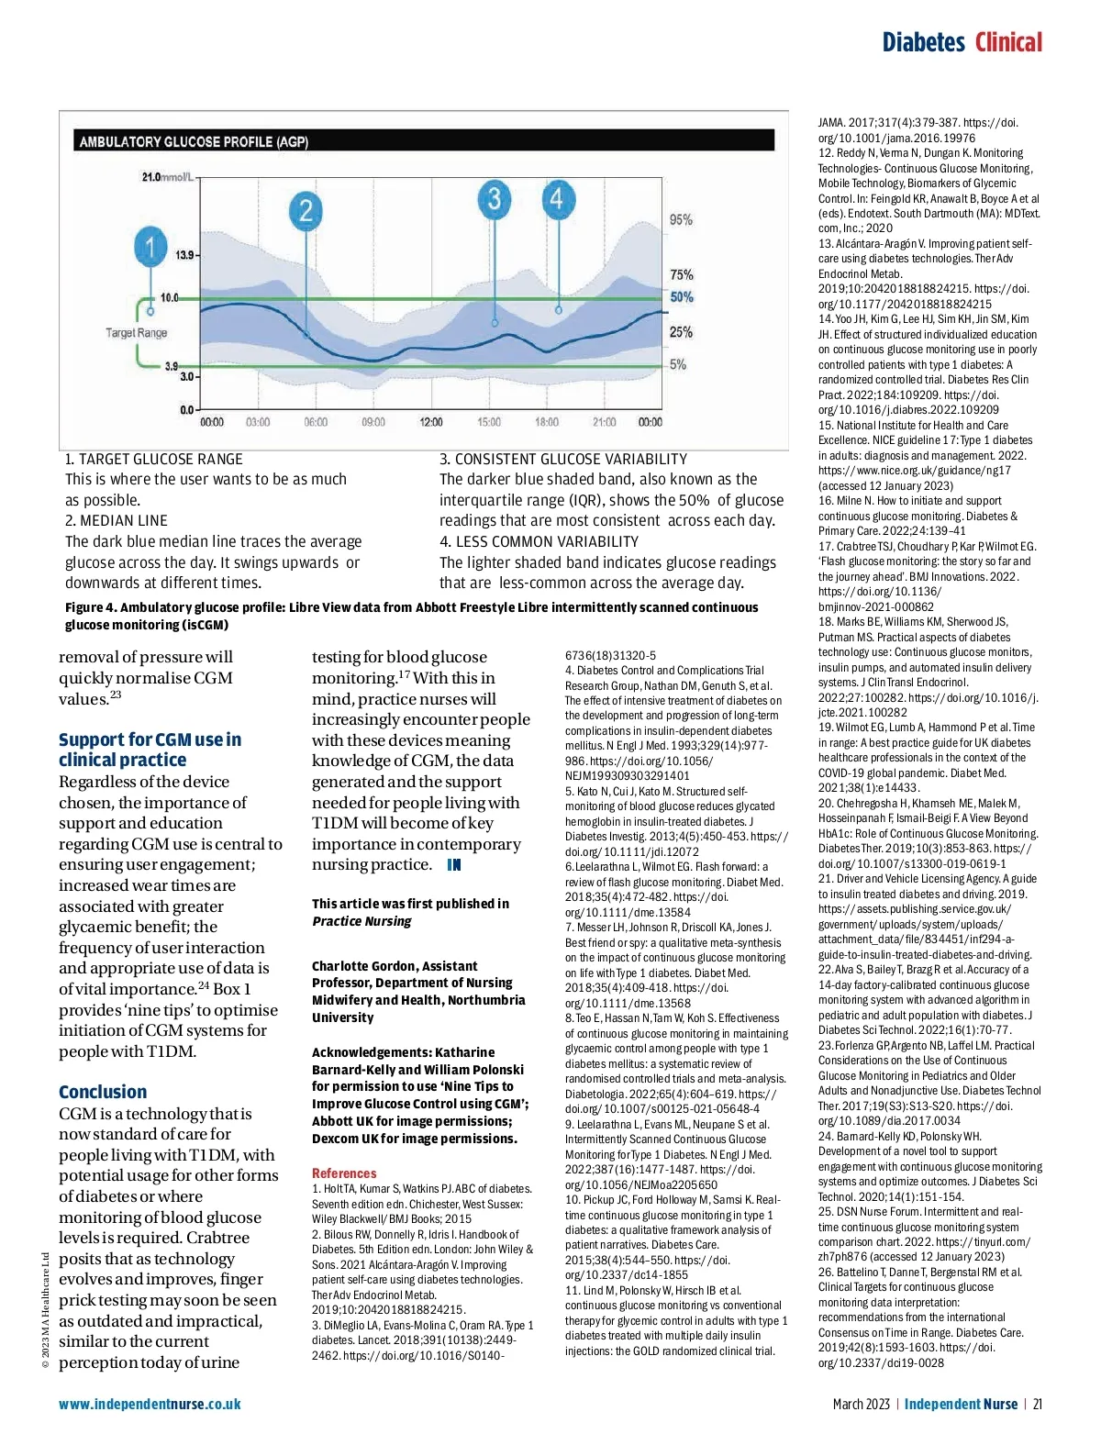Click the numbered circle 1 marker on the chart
point(150,246)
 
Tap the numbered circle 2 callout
point(306,211)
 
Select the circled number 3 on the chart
point(495,198)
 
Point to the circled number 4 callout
point(556,198)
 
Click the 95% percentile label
point(681,220)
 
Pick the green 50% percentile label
point(682,297)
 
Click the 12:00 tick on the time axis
point(431,422)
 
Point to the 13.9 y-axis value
point(185,254)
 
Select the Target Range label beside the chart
point(136,332)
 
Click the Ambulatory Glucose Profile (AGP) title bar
point(194,142)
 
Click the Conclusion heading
point(103,1092)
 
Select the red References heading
point(344,1173)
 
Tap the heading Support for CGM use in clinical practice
point(150,750)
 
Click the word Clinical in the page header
point(1008,42)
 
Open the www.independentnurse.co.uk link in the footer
point(150,1404)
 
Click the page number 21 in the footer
point(1038,1404)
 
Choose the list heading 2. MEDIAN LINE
point(117,520)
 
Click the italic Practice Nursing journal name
point(361,921)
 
